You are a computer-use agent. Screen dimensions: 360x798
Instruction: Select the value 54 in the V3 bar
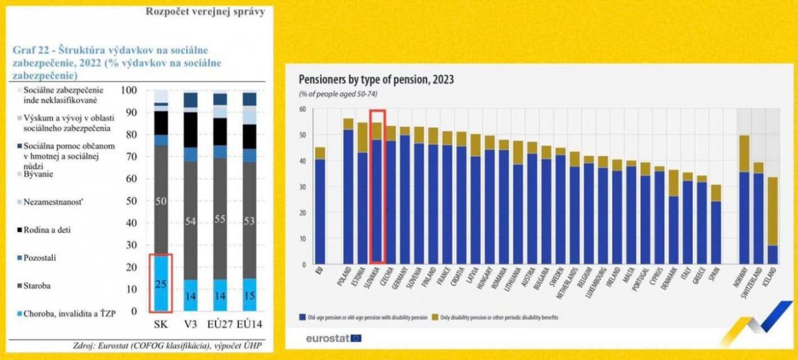[190, 221]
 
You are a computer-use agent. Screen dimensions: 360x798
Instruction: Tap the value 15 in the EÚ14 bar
[249, 296]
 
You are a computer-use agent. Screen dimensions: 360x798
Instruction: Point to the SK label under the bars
[160, 324]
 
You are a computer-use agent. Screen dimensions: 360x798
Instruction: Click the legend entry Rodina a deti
[47, 228]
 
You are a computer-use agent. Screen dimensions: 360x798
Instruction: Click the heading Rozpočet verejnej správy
[206, 11]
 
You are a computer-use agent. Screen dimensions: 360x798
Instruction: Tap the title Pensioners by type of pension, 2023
[376, 80]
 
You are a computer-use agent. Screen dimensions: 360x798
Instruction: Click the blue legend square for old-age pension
[302, 317]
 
